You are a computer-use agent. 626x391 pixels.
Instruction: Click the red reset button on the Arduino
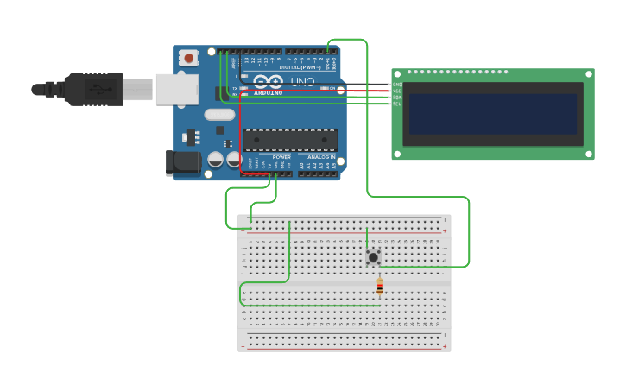click(x=188, y=58)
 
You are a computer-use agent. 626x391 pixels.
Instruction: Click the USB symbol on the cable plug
click(x=101, y=88)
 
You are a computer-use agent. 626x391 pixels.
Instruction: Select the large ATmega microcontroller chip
click(x=290, y=139)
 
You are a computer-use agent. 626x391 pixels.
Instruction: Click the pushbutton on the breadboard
click(x=373, y=257)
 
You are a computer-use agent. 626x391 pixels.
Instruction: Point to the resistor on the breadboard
click(x=379, y=287)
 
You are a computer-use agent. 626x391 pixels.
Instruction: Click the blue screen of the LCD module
click(x=492, y=114)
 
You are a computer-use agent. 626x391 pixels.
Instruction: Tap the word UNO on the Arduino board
click(x=302, y=82)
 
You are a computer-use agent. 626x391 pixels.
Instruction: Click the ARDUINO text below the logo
click(x=268, y=92)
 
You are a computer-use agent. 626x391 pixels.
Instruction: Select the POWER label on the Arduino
click(x=281, y=157)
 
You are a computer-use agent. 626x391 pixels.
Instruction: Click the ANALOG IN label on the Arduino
click(x=321, y=157)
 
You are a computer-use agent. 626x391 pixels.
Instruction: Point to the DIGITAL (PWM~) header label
click(x=299, y=66)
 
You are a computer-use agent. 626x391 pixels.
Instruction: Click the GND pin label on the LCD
click(x=397, y=85)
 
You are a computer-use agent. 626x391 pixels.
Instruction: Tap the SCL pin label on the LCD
click(x=397, y=104)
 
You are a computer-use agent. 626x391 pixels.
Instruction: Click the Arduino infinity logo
click(x=268, y=81)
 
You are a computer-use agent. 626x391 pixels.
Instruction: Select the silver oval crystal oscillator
click(x=219, y=114)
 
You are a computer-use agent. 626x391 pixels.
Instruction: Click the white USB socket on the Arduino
click(x=176, y=89)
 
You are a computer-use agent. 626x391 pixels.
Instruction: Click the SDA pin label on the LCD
click(x=397, y=98)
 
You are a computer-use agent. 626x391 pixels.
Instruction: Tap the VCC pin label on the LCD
click(x=397, y=91)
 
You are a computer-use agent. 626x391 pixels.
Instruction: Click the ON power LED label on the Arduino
click(x=333, y=88)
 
